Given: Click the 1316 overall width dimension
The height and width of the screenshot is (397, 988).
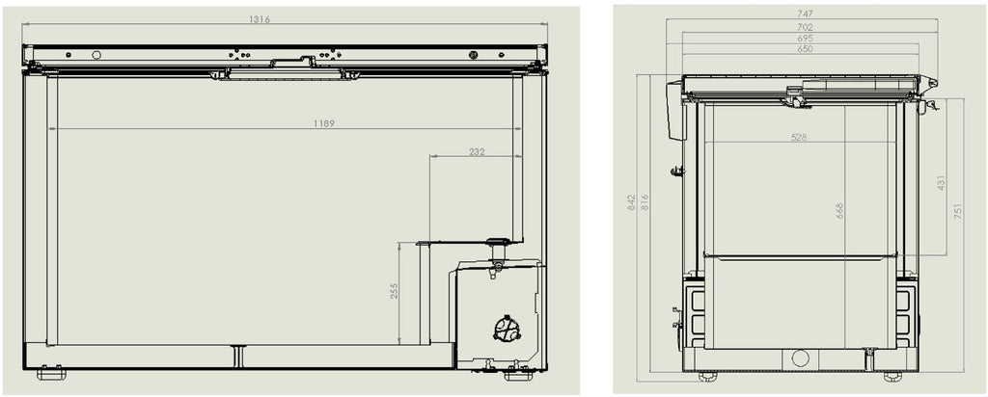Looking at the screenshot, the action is pos(259,19).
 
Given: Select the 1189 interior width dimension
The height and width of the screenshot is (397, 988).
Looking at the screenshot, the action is pos(324,123).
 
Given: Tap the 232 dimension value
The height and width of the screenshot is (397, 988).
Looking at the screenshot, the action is pos(477,151).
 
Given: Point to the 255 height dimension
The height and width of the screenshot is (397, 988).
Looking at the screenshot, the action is pos(395,291).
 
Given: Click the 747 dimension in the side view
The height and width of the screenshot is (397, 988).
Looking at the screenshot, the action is pos(805,13).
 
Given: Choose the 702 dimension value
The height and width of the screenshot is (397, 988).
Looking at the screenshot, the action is pos(805,27).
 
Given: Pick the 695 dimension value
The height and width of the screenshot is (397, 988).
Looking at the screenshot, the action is pos(805,38).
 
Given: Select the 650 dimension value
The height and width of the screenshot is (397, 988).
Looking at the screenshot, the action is pos(805,48).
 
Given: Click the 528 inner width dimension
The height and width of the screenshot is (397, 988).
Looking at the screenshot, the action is pos(799,137).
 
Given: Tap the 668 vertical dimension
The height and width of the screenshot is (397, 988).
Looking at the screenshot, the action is pos(839,211).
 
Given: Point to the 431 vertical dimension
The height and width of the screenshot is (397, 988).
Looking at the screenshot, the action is pos(942,183).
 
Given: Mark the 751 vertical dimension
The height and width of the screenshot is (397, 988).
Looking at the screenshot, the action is pos(958,211).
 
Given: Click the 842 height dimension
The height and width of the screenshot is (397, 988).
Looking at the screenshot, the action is pos(632,202).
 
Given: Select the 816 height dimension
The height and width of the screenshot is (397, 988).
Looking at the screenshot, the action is pos(645,202).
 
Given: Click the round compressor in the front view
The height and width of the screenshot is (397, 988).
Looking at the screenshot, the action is pos(507,329).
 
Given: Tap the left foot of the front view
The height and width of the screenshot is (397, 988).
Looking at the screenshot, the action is pos(51,374).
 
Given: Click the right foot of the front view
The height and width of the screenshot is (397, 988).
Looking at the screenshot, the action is pos(518,376).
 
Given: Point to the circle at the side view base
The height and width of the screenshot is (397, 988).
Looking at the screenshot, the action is pos(800,358).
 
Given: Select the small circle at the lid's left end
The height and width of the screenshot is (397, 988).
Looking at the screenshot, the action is pos(96,55).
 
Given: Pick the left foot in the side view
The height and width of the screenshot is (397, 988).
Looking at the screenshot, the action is pos(707,376).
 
